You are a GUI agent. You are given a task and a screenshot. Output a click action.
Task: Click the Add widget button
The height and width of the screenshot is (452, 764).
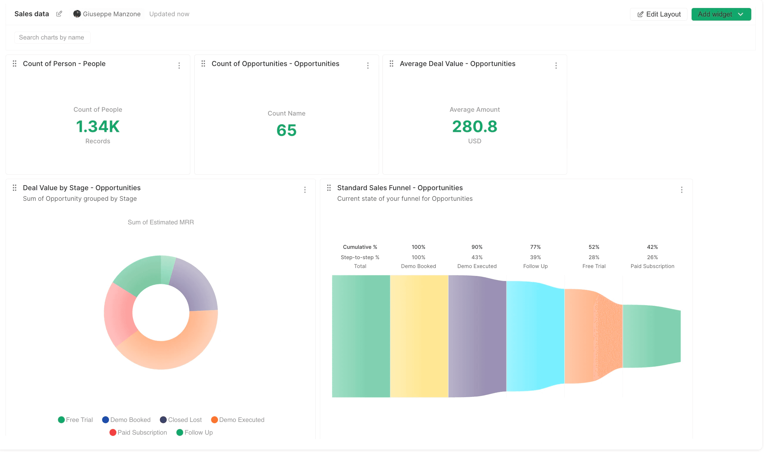pyautogui.click(x=720, y=14)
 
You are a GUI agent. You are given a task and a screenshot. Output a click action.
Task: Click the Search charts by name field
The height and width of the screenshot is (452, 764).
pyautogui.click(x=52, y=37)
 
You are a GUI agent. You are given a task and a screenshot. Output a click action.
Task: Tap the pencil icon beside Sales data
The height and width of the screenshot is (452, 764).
pyautogui.click(x=59, y=14)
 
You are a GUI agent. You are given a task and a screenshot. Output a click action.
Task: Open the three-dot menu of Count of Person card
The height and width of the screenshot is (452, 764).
pyautogui.click(x=179, y=65)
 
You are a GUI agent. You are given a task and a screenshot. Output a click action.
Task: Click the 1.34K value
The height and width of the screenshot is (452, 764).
pyautogui.click(x=98, y=126)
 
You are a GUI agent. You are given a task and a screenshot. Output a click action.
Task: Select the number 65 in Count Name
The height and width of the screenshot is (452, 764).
pyautogui.click(x=286, y=130)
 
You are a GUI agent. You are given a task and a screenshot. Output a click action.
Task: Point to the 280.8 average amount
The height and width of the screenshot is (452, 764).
pyautogui.click(x=474, y=126)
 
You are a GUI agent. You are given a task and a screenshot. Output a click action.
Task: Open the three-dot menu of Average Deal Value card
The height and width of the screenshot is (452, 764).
pyautogui.click(x=556, y=65)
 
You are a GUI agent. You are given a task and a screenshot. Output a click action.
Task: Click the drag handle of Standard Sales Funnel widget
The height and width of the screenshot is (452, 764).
pyautogui.click(x=329, y=188)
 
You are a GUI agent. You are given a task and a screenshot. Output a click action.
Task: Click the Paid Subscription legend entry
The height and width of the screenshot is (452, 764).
pyautogui.click(x=138, y=433)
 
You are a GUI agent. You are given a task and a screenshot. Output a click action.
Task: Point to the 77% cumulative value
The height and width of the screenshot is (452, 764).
pyautogui.click(x=535, y=247)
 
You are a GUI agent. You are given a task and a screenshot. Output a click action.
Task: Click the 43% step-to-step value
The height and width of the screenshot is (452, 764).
pyautogui.click(x=477, y=257)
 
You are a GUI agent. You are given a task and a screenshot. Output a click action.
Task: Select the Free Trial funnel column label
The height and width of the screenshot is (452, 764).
pyautogui.click(x=593, y=266)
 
